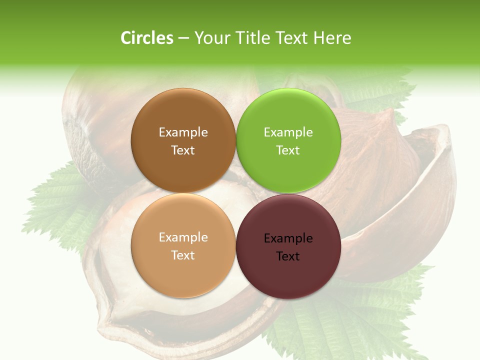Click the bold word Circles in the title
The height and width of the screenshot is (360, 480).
coord(147,38)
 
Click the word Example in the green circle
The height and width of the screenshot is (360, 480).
coord(288,132)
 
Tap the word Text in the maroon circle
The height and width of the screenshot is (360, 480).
coord(288,256)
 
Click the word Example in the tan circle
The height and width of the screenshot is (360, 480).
coord(183,237)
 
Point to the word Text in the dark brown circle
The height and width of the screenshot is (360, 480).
coord(183,150)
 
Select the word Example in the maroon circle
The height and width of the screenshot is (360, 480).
coord(288,238)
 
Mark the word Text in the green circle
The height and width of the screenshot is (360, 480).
coord(288,150)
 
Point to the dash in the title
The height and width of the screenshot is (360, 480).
coord(183,38)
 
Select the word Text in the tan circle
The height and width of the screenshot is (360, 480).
coord(183,255)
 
